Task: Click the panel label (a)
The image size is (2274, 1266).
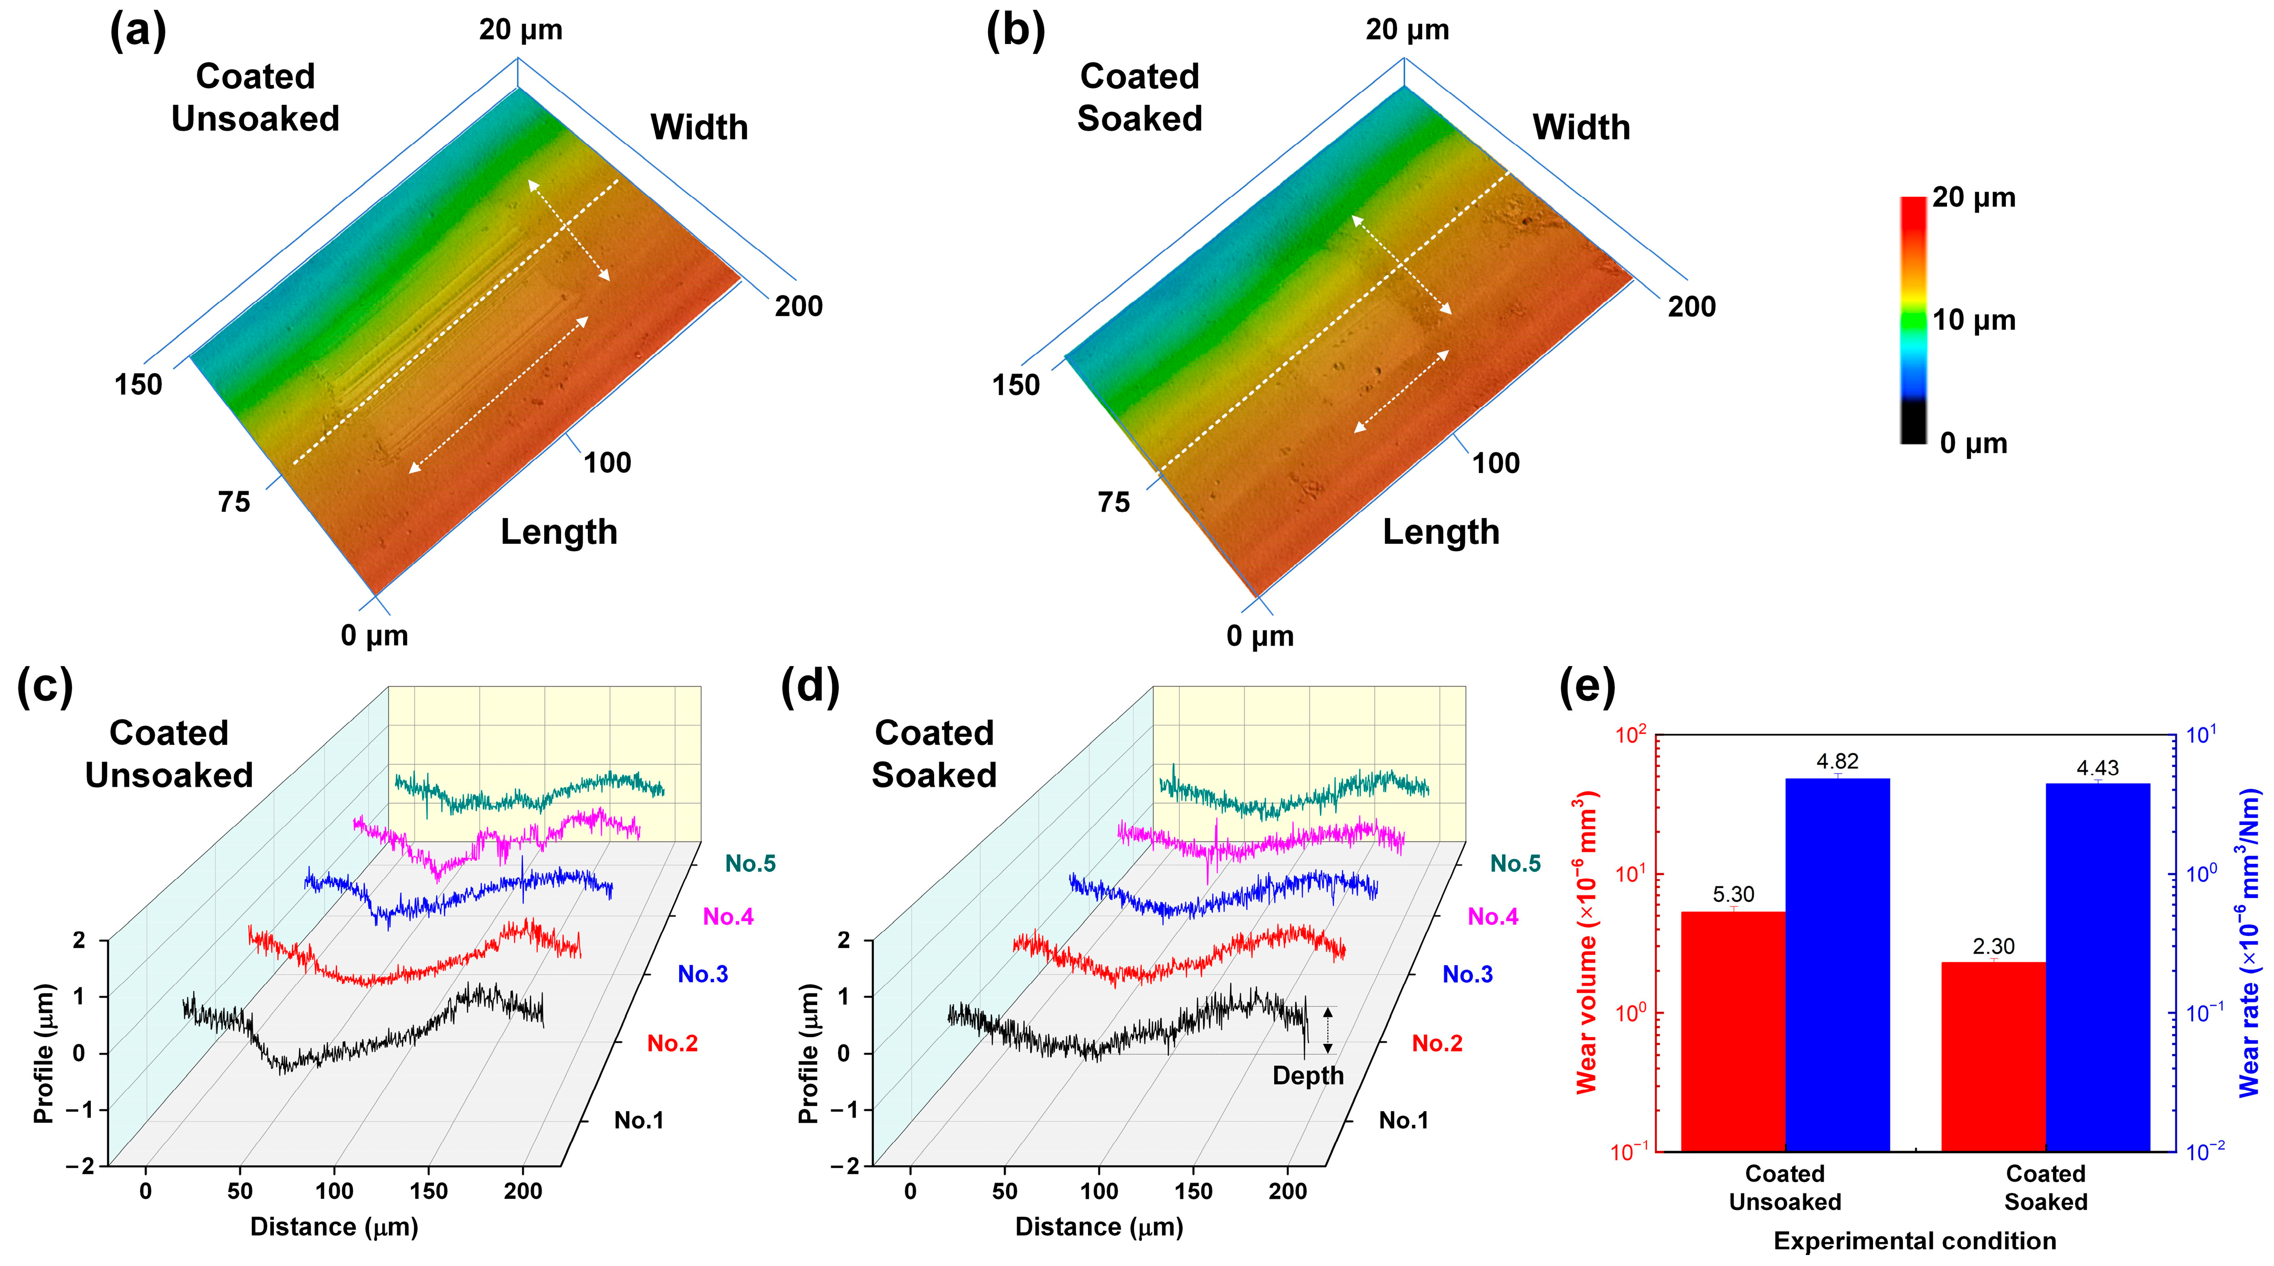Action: point(138,32)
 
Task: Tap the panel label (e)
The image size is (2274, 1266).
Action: point(1587,687)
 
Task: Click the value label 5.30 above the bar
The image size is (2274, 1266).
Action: point(1733,894)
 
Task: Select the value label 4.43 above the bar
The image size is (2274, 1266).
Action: point(2098,768)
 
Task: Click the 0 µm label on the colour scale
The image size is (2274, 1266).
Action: point(1974,442)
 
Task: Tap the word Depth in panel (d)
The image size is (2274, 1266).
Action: point(1307,1075)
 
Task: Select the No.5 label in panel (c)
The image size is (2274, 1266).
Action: point(750,863)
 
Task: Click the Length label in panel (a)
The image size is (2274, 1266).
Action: point(559,532)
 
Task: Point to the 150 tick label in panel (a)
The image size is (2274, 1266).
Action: point(139,385)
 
